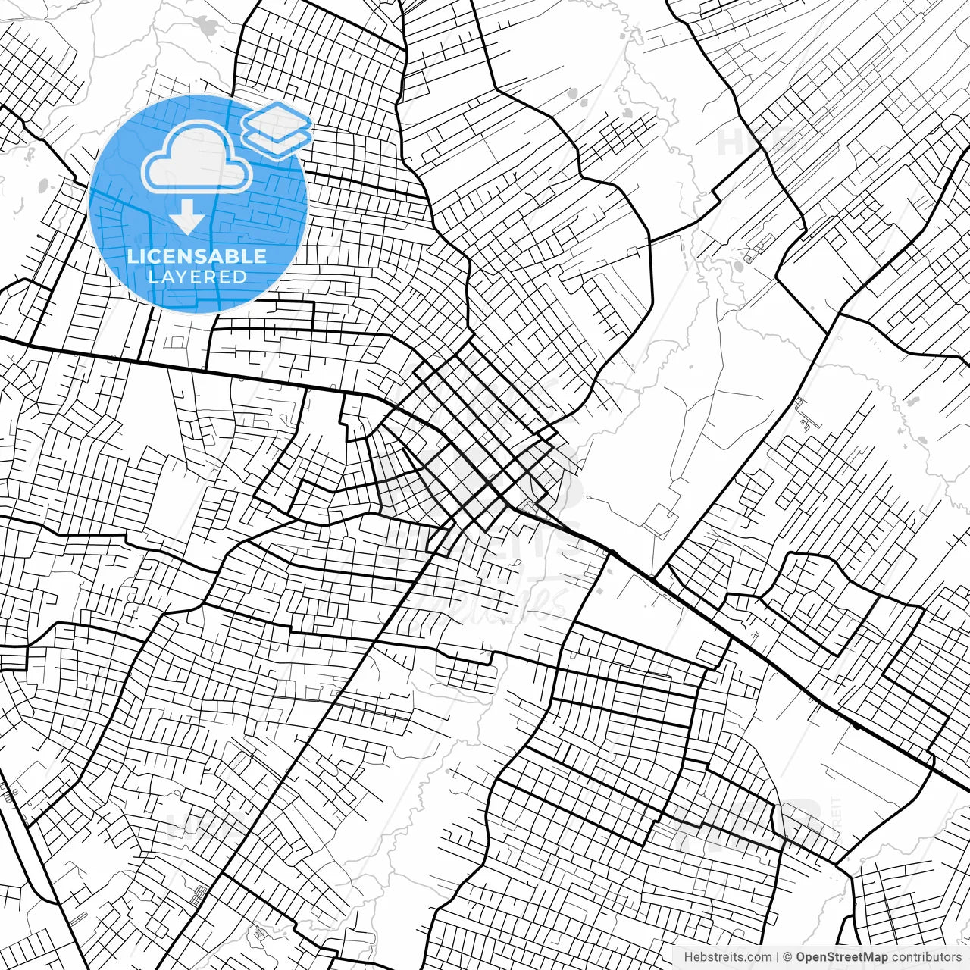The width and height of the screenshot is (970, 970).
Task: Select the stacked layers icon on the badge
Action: pyautogui.click(x=277, y=129)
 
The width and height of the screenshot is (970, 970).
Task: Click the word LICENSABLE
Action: pyautogui.click(x=197, y=256)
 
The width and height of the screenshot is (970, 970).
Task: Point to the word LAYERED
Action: pyautogui.click(x=197, y=277)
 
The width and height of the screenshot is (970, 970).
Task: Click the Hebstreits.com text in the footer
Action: pyautogui.click(x=727, y=957)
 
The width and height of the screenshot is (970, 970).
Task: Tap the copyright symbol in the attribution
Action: pyautogui.click(x=788, y=957)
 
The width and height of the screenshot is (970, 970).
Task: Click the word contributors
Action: pyautogui.click(x=925, y=957)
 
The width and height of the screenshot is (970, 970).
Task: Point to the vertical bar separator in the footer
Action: pyautogui.click(x=778, y=957)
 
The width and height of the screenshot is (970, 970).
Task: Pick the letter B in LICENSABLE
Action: pyautogui.click(x=233, y=256)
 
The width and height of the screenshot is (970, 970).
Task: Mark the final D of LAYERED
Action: pyautogui.click(x=241, y=277)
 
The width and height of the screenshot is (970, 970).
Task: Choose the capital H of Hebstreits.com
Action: pyautogui.click(x=688, y=957)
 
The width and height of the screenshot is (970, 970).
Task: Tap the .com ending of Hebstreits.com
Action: pyautogui.click(x=759, y=957)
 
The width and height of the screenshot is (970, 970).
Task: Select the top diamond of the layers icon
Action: pyautogui.click(x=277, y=119)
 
